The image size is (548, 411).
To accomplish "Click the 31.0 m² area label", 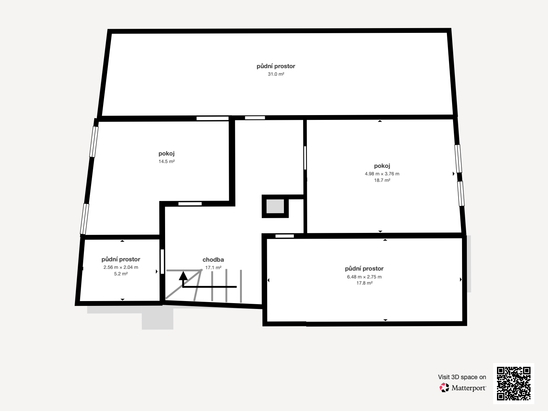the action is pyautogui.click(x=276, y=74).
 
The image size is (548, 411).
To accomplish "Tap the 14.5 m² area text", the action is pyautogui.click(x=166, y=161).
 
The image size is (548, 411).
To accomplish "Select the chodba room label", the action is pyautogui.click(x=213, y=260).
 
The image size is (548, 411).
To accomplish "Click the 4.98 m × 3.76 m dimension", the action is pyautogui.click(x=382, y=174).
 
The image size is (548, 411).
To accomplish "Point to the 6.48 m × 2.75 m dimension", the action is pyautogui.click(x=364, y=277).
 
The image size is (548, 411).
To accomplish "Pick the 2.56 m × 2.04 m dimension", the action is pyautogui.click(x=121, y=267).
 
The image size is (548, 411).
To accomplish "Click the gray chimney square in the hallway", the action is pyautogui.click(x=275, y=207).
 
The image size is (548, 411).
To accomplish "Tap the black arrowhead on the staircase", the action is pyautogui.click(x=183, y=276).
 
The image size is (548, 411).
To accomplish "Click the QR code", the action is pyautogui.click(x=513, y=384).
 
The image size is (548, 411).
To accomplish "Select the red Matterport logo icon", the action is pyautogui.click(x=444, y=388).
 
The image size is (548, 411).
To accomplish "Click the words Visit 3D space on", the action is pyautogui.click(x=462, y=377).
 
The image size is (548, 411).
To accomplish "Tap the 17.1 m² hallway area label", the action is pyautogui.click(x=213, y=268).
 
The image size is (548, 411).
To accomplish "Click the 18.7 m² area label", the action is pyautogui.click(x=382, y=180).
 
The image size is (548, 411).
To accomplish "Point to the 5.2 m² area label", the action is pyautogui.click(x=121, y=274).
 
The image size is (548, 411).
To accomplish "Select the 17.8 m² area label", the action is pyautogui.click(x=364, y=283).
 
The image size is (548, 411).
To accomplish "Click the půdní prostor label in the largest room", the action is pyautogui.click(x=276, y=66).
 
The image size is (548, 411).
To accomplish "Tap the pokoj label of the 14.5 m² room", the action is pyautogui.click(x=166, y=153).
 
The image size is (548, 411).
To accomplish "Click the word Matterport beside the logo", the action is pyautogui.click(x=469, y=388).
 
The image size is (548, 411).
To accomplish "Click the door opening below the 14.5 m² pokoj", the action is pyautogui.click(x=190, y=204).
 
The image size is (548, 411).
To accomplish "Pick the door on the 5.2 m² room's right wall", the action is pyautogui.click(x=162, y=262).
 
